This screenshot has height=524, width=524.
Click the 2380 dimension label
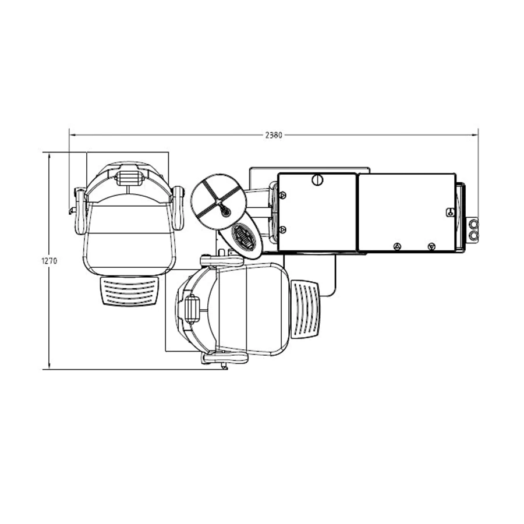point(274,135)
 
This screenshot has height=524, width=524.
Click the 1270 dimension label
point(49,261)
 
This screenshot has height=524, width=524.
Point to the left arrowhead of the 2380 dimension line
point(73,135)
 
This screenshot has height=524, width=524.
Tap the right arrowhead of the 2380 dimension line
point(475,135)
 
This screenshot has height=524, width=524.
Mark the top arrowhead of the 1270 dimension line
point(49,156)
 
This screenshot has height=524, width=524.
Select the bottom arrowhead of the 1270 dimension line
point(49,366)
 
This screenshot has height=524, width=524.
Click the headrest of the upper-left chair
point(128,178)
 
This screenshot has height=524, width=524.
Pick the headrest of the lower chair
point(192,310)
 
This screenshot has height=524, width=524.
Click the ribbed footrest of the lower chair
point(306,309)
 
